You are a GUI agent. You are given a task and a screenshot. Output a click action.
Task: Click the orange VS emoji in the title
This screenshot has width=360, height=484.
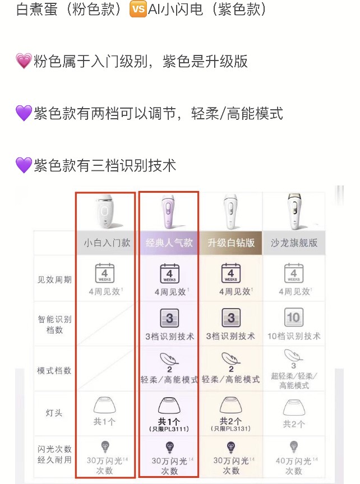138,10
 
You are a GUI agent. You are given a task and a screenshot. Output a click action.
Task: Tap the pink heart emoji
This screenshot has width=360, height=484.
23,62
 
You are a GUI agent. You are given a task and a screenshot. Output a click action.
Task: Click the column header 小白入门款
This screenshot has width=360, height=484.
106,243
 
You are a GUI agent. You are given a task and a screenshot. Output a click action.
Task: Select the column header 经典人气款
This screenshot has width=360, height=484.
169,243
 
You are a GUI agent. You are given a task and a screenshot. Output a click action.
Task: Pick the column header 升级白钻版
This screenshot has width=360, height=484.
231,243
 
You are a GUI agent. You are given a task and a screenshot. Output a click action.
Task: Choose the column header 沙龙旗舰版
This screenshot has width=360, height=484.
293,243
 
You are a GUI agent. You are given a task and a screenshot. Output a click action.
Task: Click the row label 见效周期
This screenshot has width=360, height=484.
54,278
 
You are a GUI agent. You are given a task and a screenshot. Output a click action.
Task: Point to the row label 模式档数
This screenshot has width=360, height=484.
54,370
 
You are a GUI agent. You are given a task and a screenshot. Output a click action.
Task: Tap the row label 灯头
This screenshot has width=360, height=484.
54,413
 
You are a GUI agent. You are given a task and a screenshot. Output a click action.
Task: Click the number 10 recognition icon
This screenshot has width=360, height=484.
293,318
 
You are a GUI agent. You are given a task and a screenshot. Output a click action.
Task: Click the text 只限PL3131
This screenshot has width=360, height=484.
231,429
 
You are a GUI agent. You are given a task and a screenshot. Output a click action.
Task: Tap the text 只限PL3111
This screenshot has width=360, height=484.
169,429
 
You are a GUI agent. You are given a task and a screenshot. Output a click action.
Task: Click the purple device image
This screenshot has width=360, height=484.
169,211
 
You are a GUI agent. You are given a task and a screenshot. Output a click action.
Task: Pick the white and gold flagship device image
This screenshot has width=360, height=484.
293,211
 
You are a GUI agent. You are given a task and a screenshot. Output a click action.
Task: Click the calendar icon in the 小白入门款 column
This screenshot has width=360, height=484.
106,273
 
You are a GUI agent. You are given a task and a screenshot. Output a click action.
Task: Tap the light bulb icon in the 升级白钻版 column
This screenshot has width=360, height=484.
231,446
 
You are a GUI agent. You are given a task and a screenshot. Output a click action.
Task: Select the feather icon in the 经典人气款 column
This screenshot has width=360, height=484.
169,359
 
